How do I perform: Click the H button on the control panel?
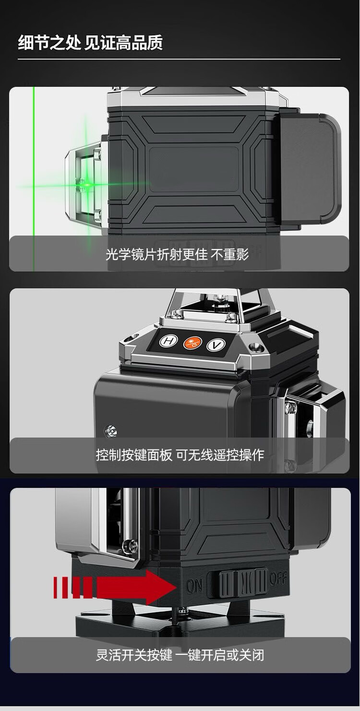(168, 341)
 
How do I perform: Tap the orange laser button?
(192, 343)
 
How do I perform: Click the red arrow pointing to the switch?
(115, 587)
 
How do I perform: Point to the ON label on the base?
(194, 586)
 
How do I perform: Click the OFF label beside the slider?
(278, 578)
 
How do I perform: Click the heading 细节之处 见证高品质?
(90, 43)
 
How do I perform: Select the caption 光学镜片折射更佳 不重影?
(177, 254)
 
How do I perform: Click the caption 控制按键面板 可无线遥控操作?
(180, 454)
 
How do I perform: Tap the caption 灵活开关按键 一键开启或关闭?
(180, 655)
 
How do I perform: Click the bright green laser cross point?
(86, 184)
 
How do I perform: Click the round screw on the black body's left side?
(110, 431)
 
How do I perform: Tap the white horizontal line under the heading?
(179, 59)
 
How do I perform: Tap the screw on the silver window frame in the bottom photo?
(131, 545)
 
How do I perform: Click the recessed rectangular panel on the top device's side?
(194, 169)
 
